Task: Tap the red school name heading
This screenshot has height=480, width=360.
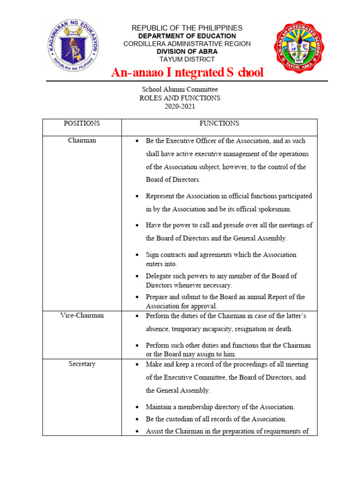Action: (187, 73)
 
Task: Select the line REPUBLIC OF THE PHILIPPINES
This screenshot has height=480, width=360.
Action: (187, 28)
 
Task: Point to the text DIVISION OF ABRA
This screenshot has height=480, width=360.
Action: (187, 52)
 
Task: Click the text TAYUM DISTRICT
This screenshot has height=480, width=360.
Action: (187, 59)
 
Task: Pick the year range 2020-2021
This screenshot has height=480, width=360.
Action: (180, 106)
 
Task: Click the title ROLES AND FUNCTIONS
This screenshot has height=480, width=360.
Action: (180, 98)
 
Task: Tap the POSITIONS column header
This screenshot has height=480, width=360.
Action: (82, 123)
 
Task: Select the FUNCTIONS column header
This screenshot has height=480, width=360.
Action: (219, 123)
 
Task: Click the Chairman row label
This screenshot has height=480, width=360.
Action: (82, 140)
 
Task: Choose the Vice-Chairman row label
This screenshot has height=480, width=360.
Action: (82, 315)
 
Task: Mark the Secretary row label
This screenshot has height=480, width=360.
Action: (82, 364)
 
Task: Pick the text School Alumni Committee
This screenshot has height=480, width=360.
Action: (180, 90)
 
